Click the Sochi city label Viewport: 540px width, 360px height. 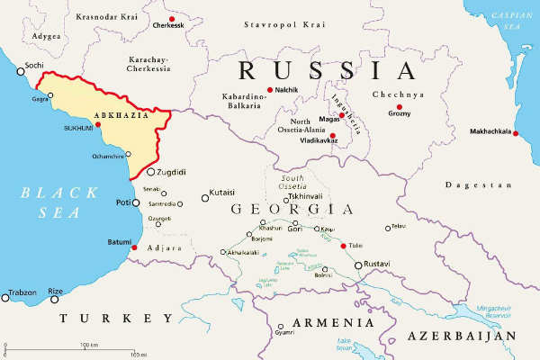(34, 66)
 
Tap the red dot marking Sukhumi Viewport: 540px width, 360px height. (98, 125)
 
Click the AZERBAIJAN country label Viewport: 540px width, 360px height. (461, 335)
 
